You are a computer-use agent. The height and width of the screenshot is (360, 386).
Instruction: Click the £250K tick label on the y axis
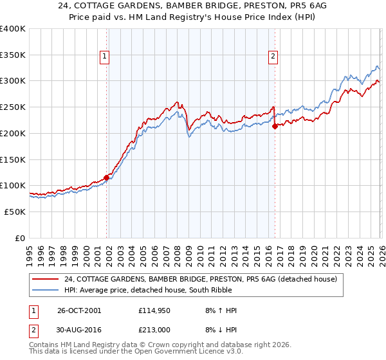[12, 107]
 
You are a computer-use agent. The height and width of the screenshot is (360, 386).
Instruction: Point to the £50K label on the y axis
[15, 212]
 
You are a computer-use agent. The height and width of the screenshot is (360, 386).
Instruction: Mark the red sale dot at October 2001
[107, 177]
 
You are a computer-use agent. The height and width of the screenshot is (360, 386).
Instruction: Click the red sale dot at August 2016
[275, 127]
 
